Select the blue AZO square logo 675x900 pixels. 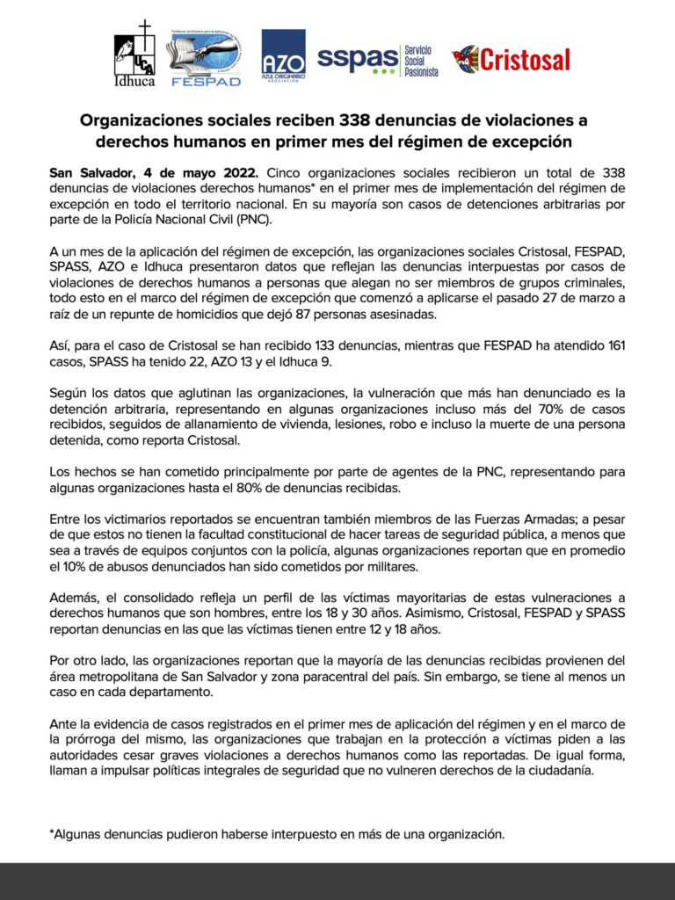pyautogui.click(x=283, y=57)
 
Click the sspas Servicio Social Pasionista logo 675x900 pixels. pyautogui.click(x=378, y=60)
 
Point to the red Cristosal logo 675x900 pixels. pyautogui.click(x=512, y=60)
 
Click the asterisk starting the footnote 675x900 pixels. pyautogui.click(x=51, y=832)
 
